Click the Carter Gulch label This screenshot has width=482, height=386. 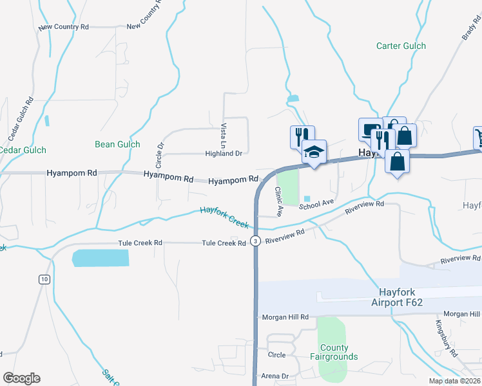coord(401,46)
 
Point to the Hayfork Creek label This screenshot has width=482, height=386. coord(224,217)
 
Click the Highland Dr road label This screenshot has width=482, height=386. coord(223,154)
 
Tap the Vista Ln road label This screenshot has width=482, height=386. coord(224,133)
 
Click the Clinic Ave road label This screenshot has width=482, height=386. coord(280,201)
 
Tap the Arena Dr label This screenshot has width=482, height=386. coord(274,376)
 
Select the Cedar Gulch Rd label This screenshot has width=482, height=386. coord(21,120)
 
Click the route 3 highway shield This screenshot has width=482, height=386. coord(256,241)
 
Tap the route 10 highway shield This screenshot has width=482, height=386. coord(44,279)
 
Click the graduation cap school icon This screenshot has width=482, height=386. coord(314,152)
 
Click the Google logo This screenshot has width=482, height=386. coord(21,378)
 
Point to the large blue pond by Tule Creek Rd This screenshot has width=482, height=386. coord(101,258)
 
